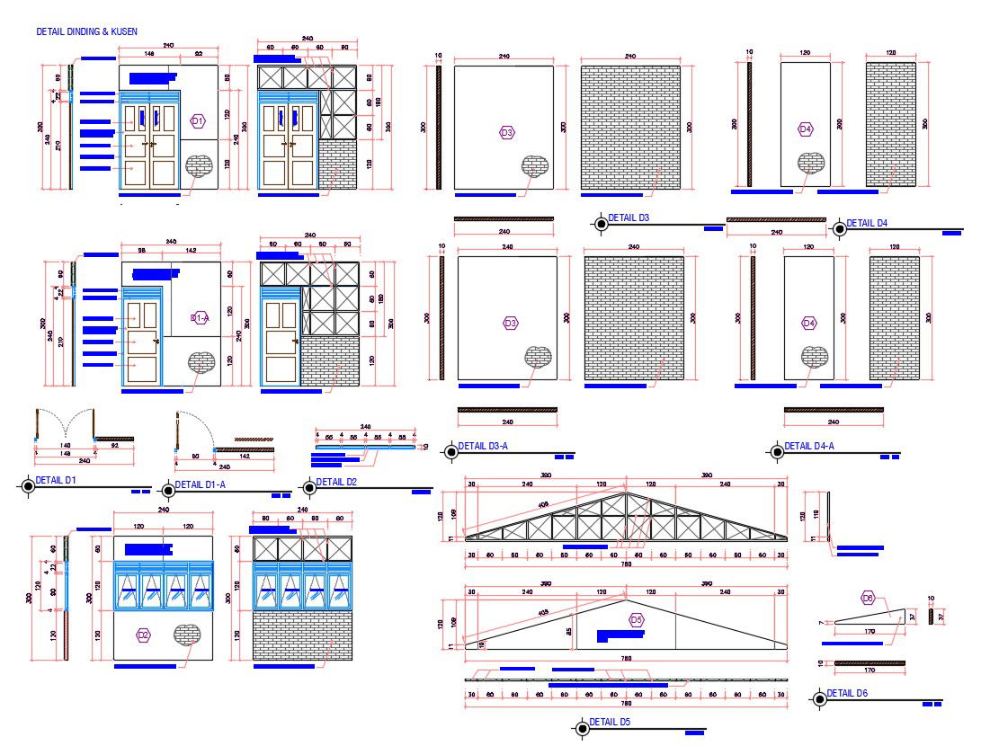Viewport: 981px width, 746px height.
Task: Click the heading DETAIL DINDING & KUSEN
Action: click(x=86, y=31)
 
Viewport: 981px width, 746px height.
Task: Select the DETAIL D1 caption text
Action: click(x=58, y=480)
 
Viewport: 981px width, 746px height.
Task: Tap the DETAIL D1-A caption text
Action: click(x=201, y=484)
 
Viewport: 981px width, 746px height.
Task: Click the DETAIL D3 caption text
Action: click(x=629, y=218)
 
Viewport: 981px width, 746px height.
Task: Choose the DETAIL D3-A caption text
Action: click(x=483, y=446)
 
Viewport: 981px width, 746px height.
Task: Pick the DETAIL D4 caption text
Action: click(x=867, y=223)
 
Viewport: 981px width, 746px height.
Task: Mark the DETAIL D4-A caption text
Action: click(x=809, y=446)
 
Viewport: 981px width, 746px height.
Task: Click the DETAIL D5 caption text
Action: click(x=611, y=723)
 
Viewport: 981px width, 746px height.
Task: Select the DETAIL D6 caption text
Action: click(x=847, y=693)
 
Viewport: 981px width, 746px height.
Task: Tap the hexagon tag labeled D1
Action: click(x=198, y=120)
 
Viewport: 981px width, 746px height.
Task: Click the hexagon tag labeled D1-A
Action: click(x=200, y=317)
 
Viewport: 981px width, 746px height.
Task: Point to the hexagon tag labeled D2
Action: click(x=143, y=635)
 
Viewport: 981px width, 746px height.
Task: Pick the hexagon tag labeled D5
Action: click(x=637, y=619)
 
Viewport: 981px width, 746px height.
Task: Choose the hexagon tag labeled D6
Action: click(x=868, y=598)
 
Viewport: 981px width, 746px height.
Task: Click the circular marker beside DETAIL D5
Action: click(x=581, y=729)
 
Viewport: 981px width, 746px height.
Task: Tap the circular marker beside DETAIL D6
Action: click(x=818, y=699)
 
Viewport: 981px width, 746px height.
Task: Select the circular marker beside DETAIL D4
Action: click(x=839, y=228)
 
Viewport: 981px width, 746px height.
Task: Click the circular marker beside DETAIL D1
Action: click(x=29, y=486)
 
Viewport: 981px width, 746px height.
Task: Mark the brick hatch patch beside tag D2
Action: click(x=187, y=634)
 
